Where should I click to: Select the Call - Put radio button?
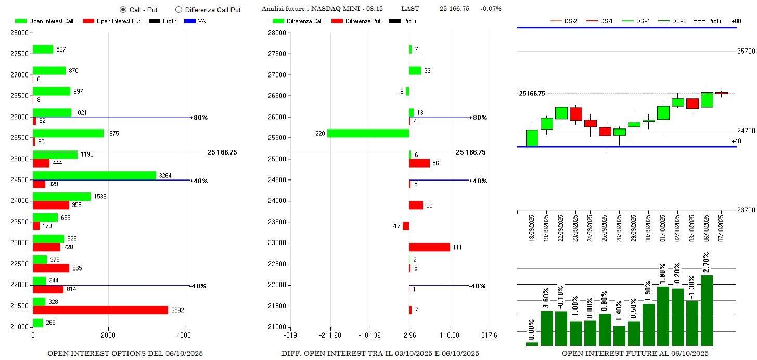coord(123,9)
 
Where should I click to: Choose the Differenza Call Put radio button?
coord(178,9)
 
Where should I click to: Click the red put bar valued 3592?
coord(100,310)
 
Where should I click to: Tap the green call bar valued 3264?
coord(94,175)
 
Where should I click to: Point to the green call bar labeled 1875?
coord(68,133)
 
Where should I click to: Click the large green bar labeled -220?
coord(368,133)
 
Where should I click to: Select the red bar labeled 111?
coord(429,247)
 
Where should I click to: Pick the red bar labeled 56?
coord(419,163)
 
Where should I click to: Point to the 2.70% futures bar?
coord(707,310)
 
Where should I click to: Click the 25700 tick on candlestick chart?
coord(746,51)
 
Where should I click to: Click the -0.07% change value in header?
coord(491,9)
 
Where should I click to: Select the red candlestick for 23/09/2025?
coord(575,114)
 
